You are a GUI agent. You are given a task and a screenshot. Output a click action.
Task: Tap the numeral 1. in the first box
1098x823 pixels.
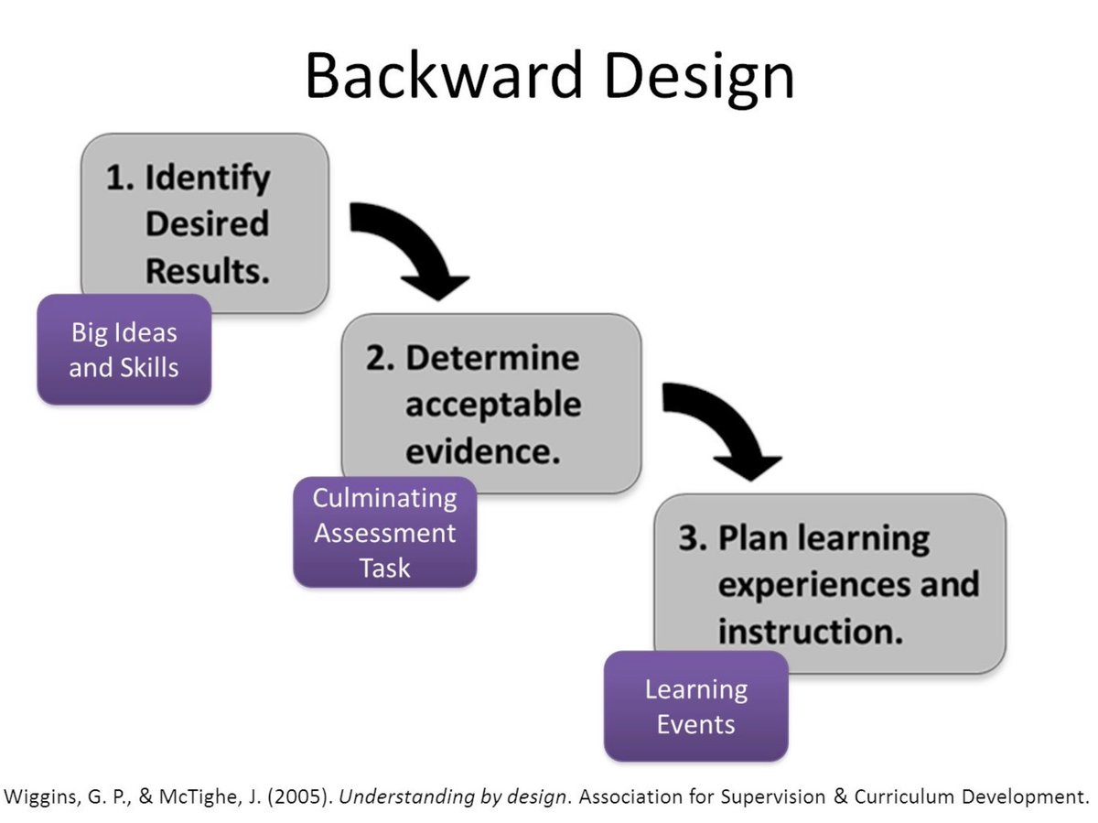123,178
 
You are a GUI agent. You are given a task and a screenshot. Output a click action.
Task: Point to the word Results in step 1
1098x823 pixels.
208,271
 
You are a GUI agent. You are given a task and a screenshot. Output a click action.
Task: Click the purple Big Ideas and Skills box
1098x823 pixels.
124,350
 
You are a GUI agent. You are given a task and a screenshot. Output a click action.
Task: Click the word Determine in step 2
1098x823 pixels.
492,358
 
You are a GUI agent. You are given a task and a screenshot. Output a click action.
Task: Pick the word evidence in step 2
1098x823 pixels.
482,451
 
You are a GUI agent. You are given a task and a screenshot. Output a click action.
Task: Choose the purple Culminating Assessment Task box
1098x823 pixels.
384,532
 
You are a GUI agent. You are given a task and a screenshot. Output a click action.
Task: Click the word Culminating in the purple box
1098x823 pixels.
384,498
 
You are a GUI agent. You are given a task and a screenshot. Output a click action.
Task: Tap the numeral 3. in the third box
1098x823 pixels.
693,538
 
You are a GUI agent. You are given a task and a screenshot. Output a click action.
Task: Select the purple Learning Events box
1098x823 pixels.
695,706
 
